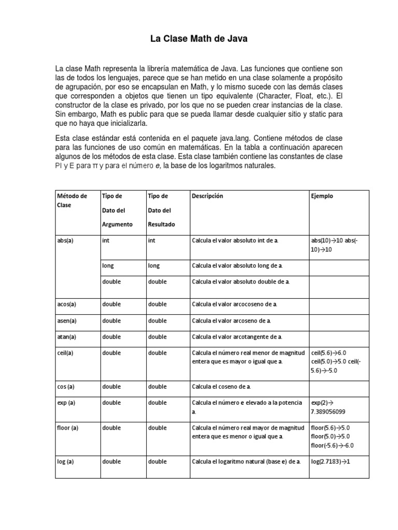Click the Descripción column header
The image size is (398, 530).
pyautogui.click(x=207, y=196)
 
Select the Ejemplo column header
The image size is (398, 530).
pyautogui.click(x=322, y=196)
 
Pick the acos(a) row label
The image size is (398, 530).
pyautogui.click(x=66, y=304)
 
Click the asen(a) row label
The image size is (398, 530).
pyautogui.click(x=66, y=320)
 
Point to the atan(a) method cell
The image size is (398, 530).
pyautogui.click(x=66, y=337)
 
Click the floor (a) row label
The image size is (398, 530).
pyautogui.click(x=67, y=428)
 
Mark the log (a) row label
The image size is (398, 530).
pyautogui.click(x=65, y=462)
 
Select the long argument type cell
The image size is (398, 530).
pyautogui.click(x=108, y=266)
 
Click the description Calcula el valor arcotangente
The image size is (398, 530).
pyautogui.click(x=237, y=337)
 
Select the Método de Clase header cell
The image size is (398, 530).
pyautogui.click(x=72, y=201)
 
